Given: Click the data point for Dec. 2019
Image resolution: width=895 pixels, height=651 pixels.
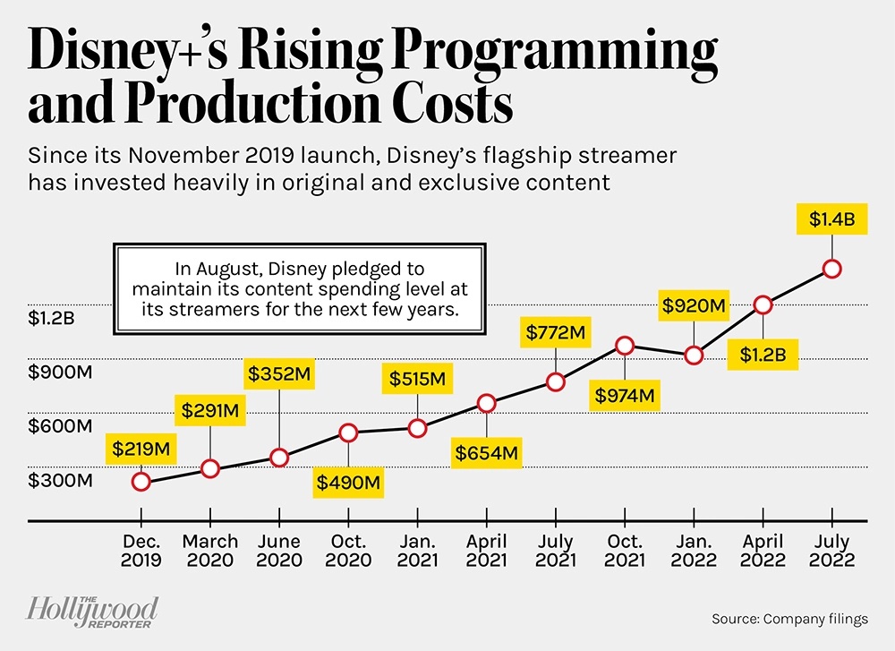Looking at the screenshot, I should [x=141, y=482].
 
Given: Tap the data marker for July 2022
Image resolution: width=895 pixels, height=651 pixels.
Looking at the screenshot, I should [x=832, y=269].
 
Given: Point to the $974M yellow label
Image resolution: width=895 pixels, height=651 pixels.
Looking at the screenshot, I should [x=625, y=394].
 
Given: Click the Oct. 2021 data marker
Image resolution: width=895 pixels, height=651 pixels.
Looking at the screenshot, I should [x=626, y=346].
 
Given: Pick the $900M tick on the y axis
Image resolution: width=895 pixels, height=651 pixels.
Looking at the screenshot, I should [x=58, y=372].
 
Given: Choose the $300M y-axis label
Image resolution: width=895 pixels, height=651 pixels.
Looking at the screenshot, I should [x=60, y=480].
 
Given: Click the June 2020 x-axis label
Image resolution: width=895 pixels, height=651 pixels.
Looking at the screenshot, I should [x=278, y=551].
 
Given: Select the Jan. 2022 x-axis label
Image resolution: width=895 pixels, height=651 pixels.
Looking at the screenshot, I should [x=694, y=551].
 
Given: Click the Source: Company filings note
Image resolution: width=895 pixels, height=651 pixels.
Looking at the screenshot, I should [x=789, y=619].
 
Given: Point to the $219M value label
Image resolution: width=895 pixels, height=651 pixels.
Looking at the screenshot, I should [x=141, y=446].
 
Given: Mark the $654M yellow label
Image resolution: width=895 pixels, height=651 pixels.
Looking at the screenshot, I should [x=486, y=452].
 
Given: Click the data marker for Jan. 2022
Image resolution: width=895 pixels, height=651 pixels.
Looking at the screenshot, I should [x=694, y=355].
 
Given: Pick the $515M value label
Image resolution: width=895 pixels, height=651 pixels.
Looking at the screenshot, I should [x=417, y=379].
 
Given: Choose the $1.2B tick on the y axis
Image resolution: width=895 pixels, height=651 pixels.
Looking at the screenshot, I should [x=55, y=318].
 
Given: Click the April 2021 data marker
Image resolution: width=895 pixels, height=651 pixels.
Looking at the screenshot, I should [x=486, y=403].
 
